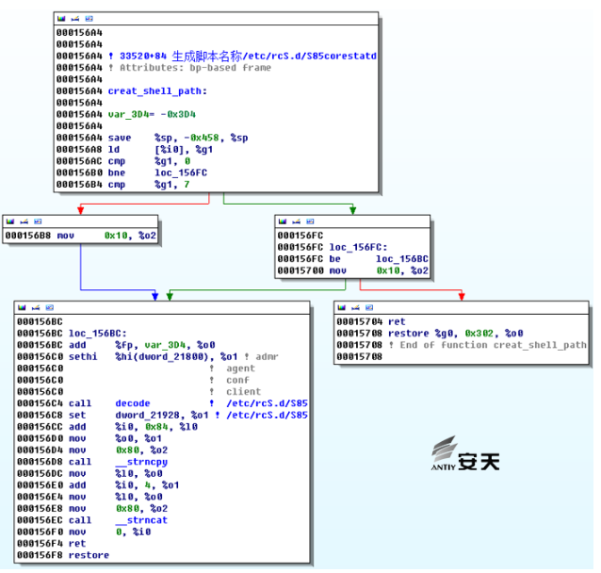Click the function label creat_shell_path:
tap(157, 91)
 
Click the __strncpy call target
tap(141, 462)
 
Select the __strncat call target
tap(141, 520)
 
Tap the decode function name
tap(133, 403)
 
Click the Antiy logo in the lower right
tap(465, 453)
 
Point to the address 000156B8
tap(28, 236)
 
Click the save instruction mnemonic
tap(120, 138)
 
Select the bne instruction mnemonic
tap(117, 172)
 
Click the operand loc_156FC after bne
tap(181, 173)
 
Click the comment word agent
tap(240, 368)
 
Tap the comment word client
tap(243, 392)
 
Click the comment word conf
tap(237, 380)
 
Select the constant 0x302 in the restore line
tap(479, 334)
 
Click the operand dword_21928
tap(147, 416)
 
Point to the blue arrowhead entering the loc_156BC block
tap(154, 296)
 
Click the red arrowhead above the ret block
tap(462, 296)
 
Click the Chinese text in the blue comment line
tap(207, 56)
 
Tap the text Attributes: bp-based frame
tap(195, 68)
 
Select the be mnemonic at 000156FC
tap(334, 259)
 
